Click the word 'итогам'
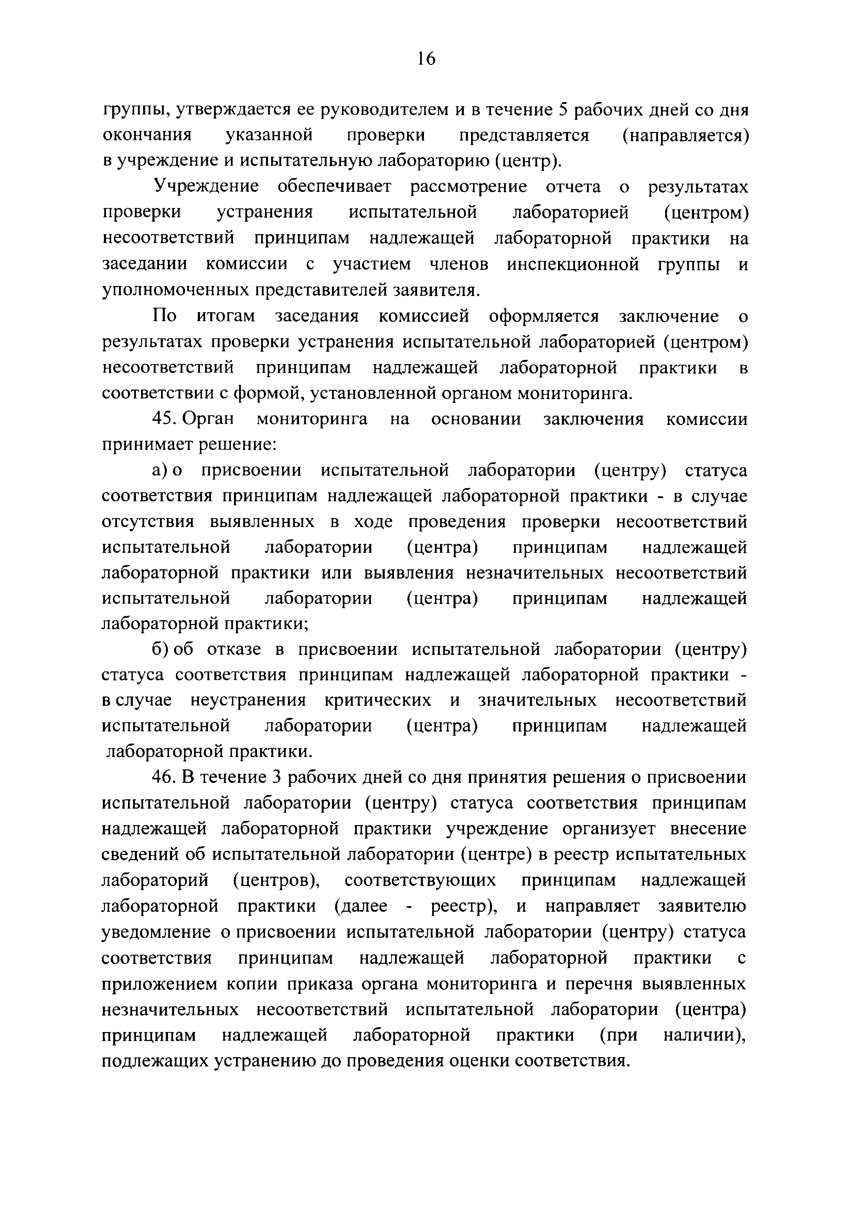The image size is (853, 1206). coord(226,316)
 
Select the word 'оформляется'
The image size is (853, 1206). coord(544,316)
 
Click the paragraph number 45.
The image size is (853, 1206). coord(163,419)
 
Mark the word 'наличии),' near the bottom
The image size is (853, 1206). coord(704,1035)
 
